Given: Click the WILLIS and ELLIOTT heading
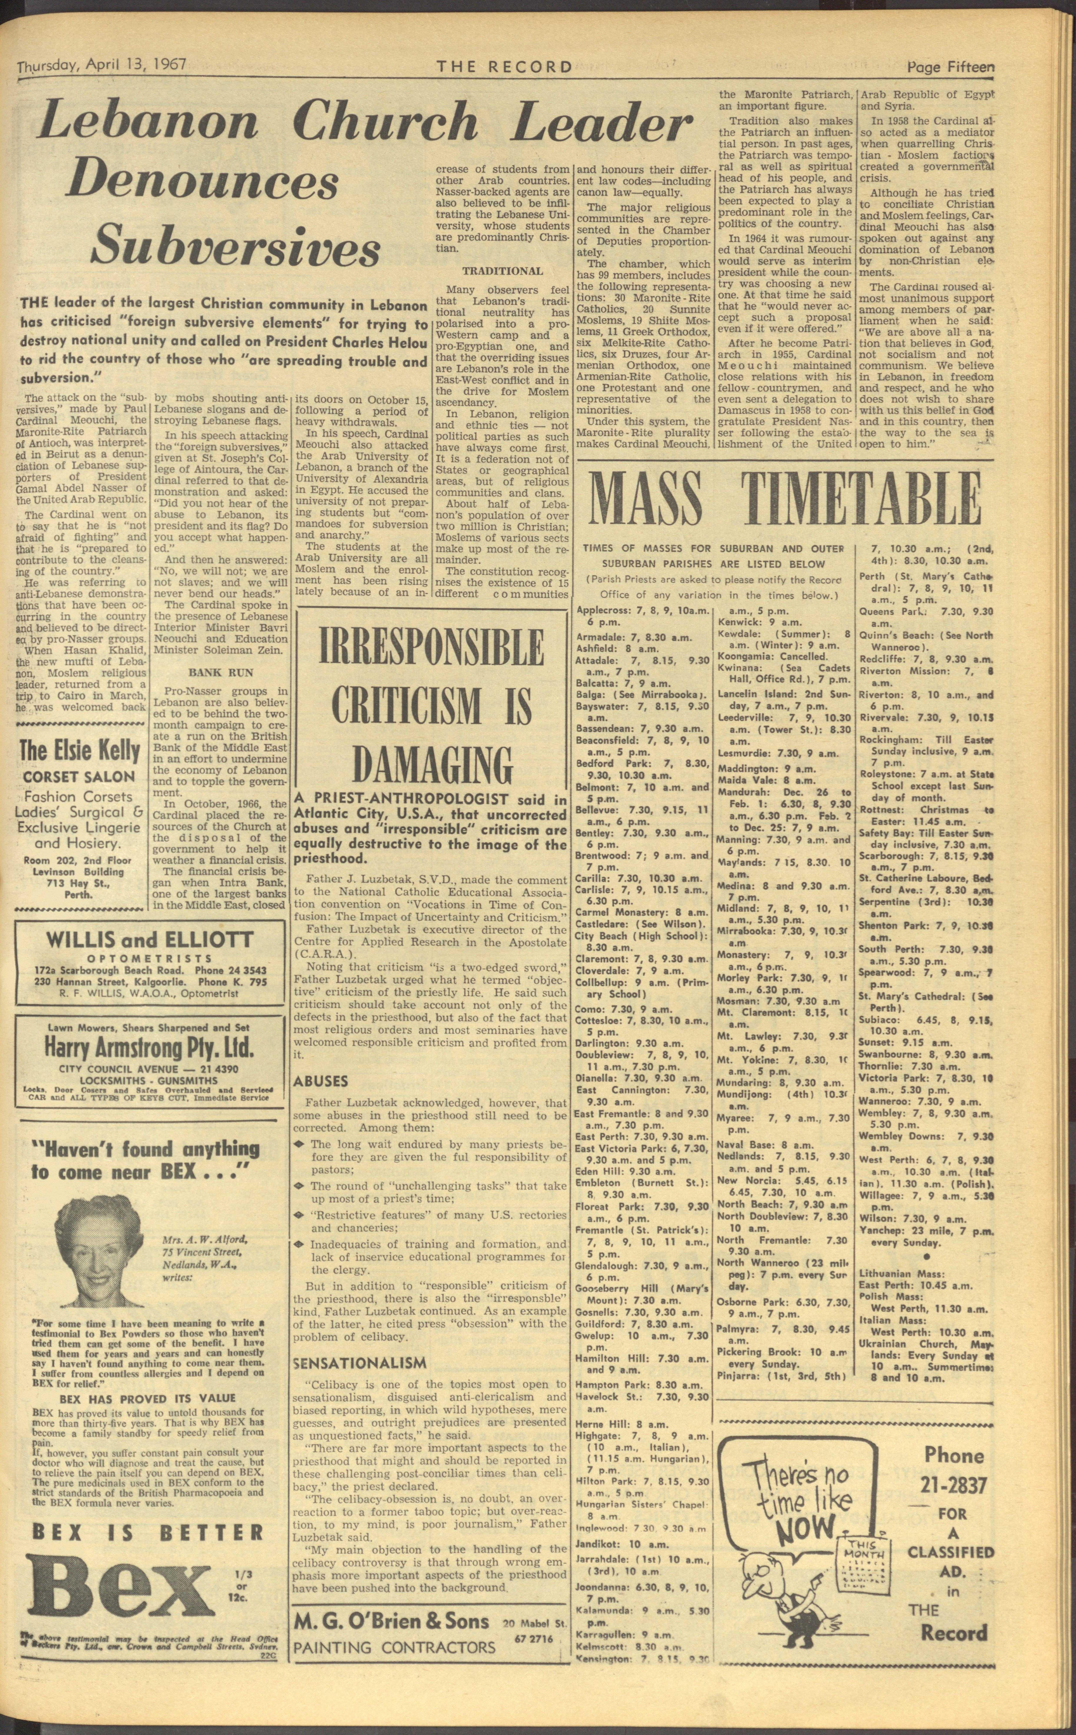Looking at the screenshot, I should [x=149, y=939].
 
